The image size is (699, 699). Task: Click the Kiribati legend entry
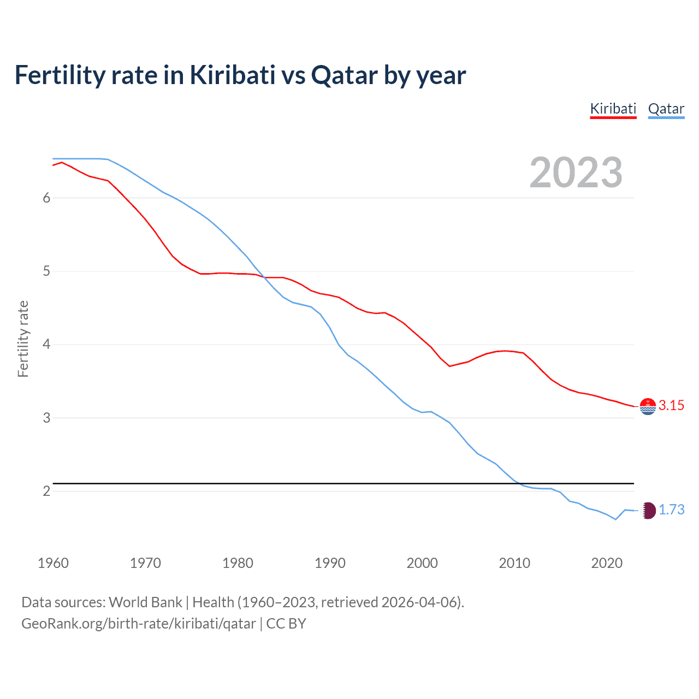click(x=613, y=109)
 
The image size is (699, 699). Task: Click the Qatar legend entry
click(x=666, y=109)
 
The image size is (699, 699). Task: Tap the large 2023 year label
click(x=576, y=173)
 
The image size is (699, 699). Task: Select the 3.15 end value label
click(x=671, y=405)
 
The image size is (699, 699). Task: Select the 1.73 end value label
click(x=671, y=510)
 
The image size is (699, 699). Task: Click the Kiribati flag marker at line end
click(x=648, y=406)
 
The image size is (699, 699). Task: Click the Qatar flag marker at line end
click(x=648, y=511)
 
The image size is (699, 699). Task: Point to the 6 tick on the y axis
click(x=46, y=198)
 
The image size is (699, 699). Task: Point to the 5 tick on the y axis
click(x=46, y=271)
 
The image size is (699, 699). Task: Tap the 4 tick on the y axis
click(x=46, y=345)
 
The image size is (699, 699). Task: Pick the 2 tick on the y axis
click(x=46, y=491)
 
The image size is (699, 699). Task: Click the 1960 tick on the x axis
click(x=53, y=563)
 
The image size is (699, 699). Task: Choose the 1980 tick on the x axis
click(x=238, y=563)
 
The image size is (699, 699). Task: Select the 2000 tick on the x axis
click(x=422, y=563)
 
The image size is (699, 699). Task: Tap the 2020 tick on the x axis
click(x=607, y=563)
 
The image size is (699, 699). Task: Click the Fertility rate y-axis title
click(x=23, y=339)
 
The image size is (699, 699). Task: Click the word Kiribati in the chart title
click(x=232, y=75)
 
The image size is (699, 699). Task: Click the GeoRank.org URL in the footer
click(x=138, y=624)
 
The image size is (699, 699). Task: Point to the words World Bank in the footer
click(x=145, y=602)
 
